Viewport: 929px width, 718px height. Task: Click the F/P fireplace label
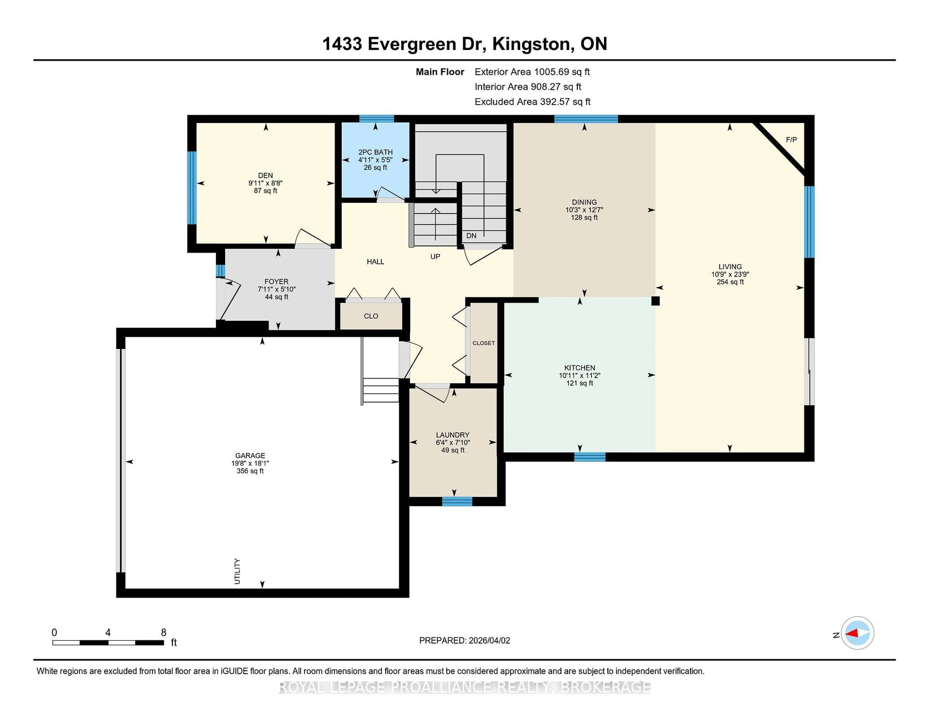pyautogui.click(x=791, y=140)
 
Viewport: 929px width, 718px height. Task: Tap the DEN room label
pyautogui.click(x=265, y=175)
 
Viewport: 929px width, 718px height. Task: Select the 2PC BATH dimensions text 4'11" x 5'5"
pyautogui.click(x=375, y=160)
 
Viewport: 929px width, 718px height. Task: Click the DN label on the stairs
pyautogui.click(x=471, y=236)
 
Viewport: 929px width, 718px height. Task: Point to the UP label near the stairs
pyautogui.click(x=435, y=256)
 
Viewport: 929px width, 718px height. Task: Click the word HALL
pyautogui.click(x=375, y=262)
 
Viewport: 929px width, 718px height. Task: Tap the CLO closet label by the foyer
pyautogui.click(x=371, y=316)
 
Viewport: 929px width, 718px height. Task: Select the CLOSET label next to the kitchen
pyautogui.click(x=484, y=343)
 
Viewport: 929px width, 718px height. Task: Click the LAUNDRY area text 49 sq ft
pyautogui.click(x=453, y=450)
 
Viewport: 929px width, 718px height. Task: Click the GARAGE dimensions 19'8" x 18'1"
pyautogui.click(x=250, y=463)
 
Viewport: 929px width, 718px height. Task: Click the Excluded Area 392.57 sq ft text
pyautogui.click(x=532, y=102)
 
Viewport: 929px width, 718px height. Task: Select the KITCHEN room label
pyautogui.click(x=579, y=367)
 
